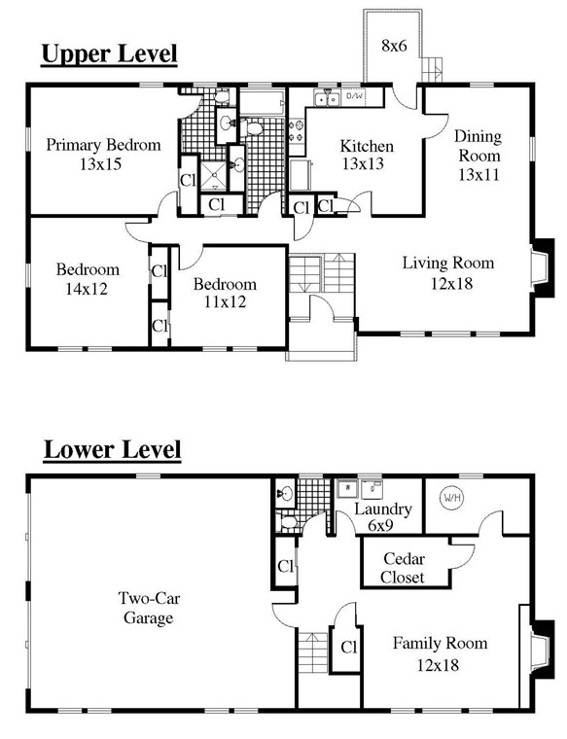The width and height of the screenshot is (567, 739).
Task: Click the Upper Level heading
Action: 109,53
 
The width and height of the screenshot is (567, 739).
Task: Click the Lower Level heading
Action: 112,449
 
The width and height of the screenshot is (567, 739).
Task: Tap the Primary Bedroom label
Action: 103,144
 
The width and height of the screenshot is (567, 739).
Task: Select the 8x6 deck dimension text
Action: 394,46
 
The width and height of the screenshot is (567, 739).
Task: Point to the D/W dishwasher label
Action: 354,96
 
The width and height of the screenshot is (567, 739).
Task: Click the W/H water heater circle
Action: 451,498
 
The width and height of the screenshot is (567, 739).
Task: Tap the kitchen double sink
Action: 327,99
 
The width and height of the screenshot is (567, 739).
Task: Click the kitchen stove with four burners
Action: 297,131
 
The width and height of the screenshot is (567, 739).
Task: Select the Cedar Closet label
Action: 404,568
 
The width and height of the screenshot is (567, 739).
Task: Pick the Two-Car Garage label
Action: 149,608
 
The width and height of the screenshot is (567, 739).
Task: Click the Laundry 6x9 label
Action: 383,517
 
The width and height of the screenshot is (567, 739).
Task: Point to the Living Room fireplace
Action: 542,268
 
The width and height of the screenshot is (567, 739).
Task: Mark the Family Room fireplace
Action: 542,650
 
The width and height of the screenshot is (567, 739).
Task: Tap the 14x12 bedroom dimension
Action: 87,289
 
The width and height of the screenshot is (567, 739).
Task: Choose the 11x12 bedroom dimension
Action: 225,301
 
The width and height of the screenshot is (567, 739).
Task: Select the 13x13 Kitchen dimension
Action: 363,163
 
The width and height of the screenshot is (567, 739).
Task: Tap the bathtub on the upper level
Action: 262,102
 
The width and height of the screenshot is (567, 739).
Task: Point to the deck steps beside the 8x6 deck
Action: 432,70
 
